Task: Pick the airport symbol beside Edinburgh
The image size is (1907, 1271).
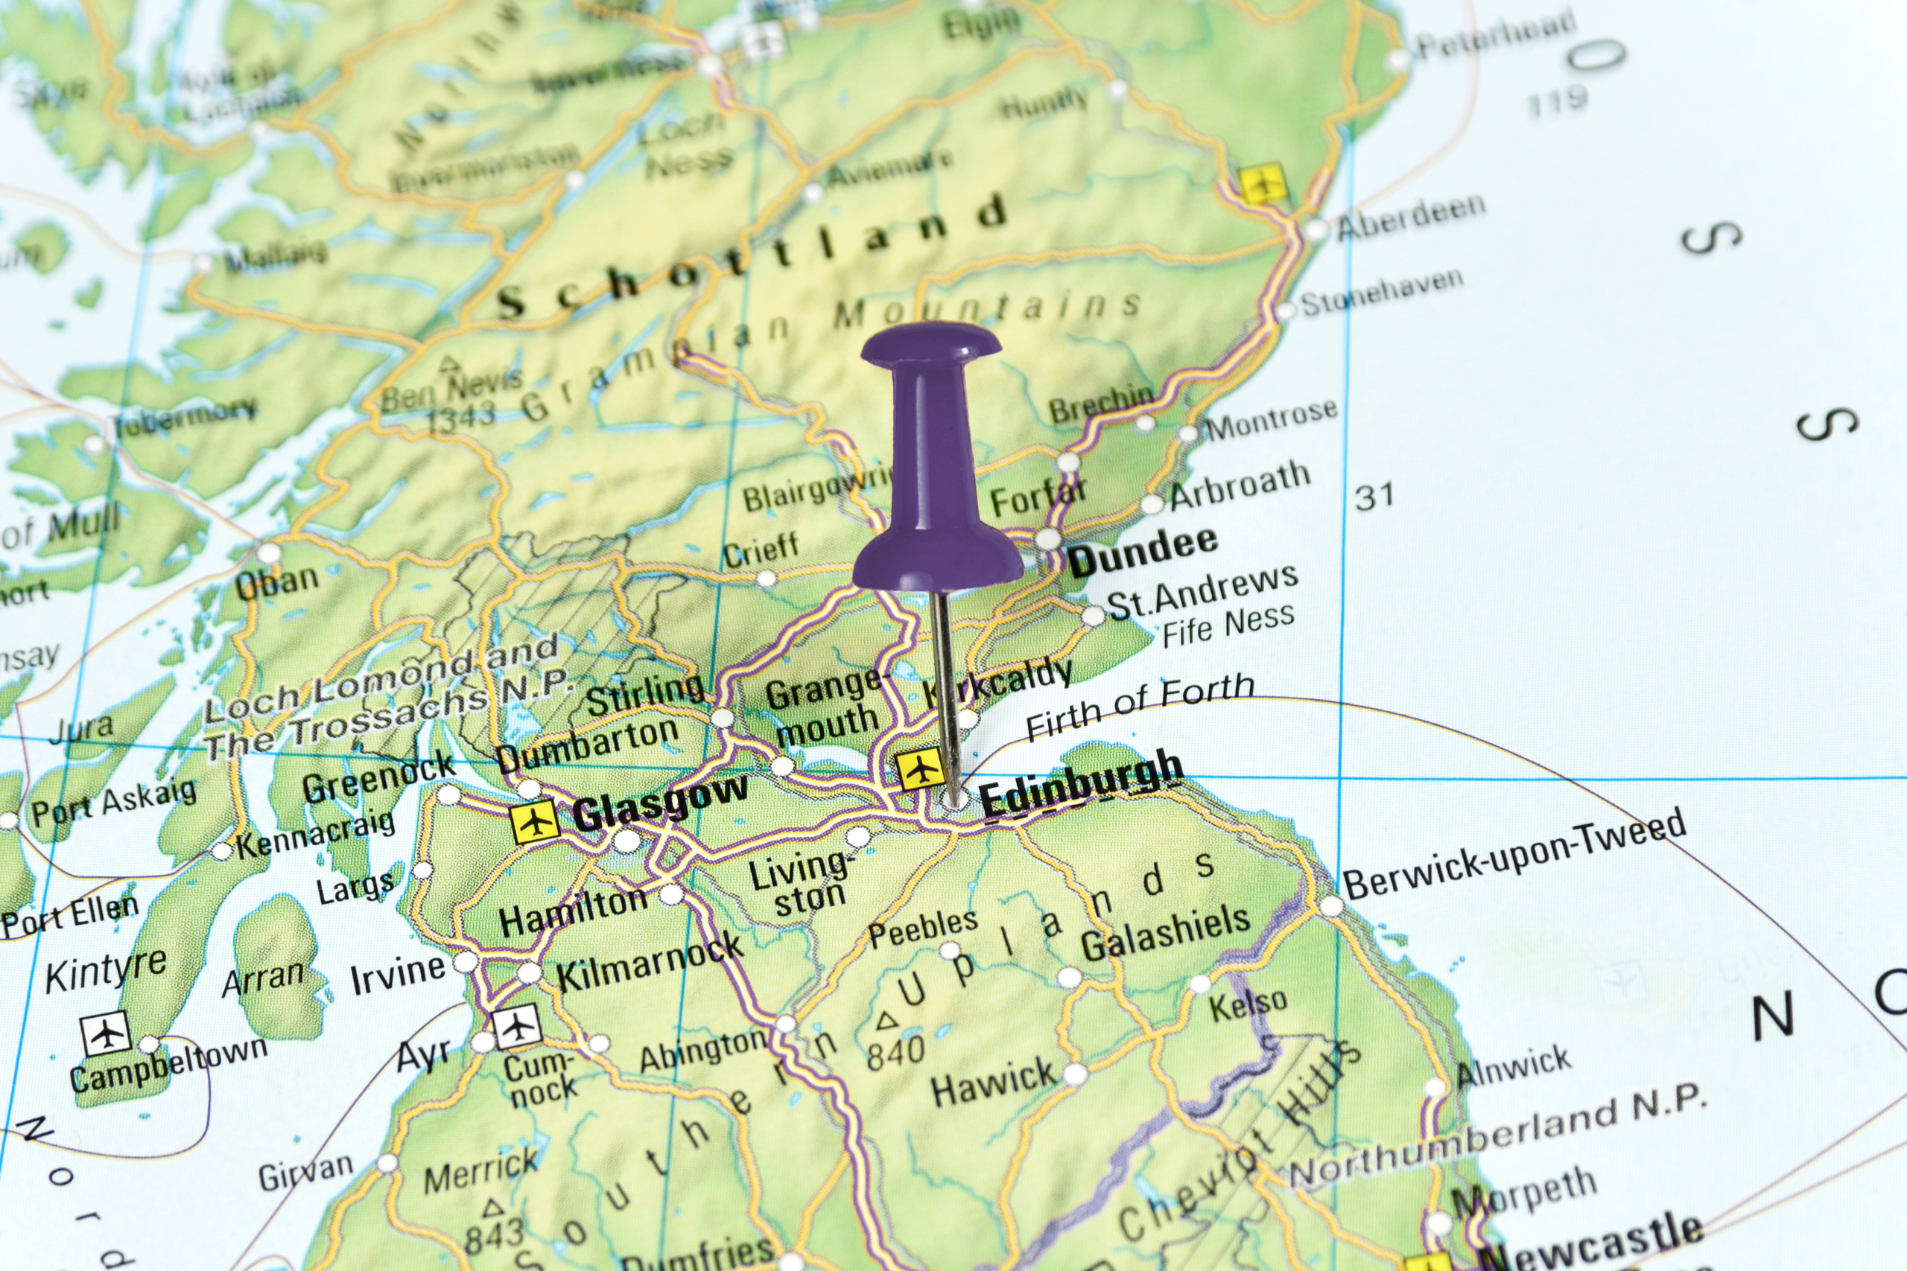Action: (919, 769)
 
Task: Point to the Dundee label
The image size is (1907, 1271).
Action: (1143, 551)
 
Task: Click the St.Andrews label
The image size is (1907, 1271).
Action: (1202, 591)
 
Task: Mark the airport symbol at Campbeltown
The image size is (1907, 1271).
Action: (105, 1033)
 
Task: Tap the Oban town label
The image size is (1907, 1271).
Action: (277, 583)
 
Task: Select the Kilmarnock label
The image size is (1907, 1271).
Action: (650, 962)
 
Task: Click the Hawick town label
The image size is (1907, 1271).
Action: (993, 1080)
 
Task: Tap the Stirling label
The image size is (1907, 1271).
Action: (645, 695)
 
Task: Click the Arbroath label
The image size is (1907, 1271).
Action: (1240, 485)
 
